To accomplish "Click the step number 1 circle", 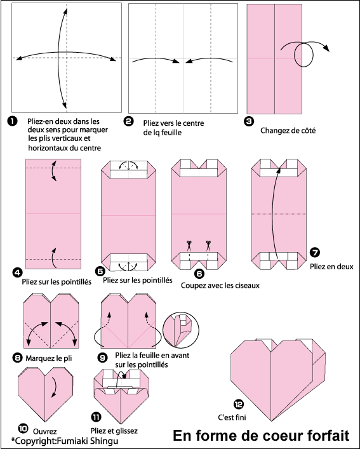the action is coord(13,121).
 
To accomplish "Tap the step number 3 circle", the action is coord(249,121).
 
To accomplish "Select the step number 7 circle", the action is coord(315,252).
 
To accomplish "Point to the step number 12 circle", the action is coord(239,404).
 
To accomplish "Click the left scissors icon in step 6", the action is coord(189,246).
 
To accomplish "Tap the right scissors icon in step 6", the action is coord(208,246).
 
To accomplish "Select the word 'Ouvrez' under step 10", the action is coord(45,431).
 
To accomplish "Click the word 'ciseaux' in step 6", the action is coord(247,286).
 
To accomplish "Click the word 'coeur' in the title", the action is coord(276,436).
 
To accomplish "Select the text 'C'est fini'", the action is coord(232,417).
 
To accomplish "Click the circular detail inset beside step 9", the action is coord(180,330).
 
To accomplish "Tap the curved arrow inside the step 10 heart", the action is coord(54,387).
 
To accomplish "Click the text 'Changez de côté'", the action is coord(288,131).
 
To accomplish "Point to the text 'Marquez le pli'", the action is coord(49,358).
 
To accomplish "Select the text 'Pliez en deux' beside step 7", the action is coord(331,267).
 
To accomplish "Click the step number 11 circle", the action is coord(96,417).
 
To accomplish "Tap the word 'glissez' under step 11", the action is coord(126,431).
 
